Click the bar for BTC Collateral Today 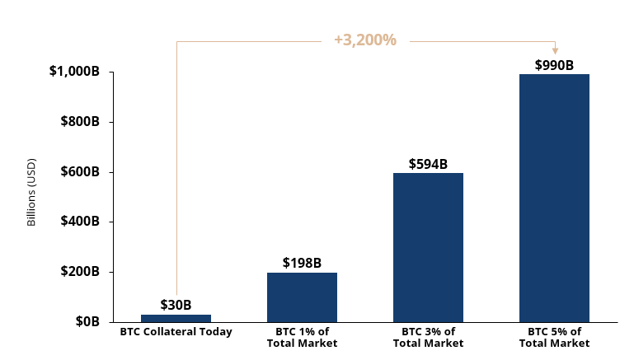(176, 318)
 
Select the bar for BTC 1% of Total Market (302, 297)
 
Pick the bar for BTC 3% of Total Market (428, 247)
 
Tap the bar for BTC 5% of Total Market (554, 198)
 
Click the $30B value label (176, 305)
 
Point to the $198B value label (302, 263)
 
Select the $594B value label (428, 164)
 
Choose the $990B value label (554, 65)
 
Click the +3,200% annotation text (365, 40)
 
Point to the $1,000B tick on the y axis (74, 72)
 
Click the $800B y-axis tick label (80, 122)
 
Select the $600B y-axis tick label (80, 172)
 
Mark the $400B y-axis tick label (80, 222)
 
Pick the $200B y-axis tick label (80, 272)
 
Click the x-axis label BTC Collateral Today (176, 332)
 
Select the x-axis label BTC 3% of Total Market (428, 337)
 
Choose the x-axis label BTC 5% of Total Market (554, 337)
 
